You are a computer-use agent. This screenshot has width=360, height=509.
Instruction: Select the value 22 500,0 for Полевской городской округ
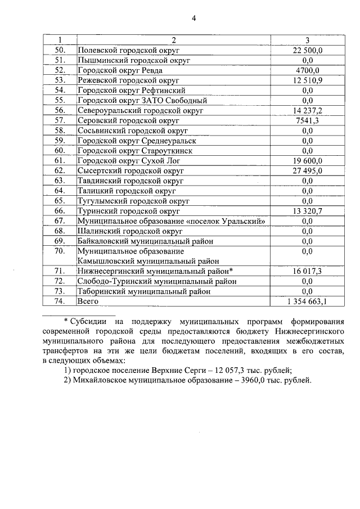(307, 50)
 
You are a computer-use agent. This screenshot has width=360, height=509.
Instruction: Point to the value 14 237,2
(307, 110)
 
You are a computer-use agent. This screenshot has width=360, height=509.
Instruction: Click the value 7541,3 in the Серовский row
(307, 120)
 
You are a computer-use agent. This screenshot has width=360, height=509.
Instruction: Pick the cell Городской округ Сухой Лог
(127, 161)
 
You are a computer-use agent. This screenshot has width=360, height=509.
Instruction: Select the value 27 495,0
(307, 170)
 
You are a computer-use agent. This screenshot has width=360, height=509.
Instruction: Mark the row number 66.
(60, 211)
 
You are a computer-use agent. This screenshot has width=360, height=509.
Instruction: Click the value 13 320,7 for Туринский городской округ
(307, 211)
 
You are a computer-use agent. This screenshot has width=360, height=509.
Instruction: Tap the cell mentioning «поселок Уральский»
(171, 221)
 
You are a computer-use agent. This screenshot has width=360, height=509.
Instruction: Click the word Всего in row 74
(88, 301)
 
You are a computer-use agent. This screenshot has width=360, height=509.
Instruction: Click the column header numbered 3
(307, 40)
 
